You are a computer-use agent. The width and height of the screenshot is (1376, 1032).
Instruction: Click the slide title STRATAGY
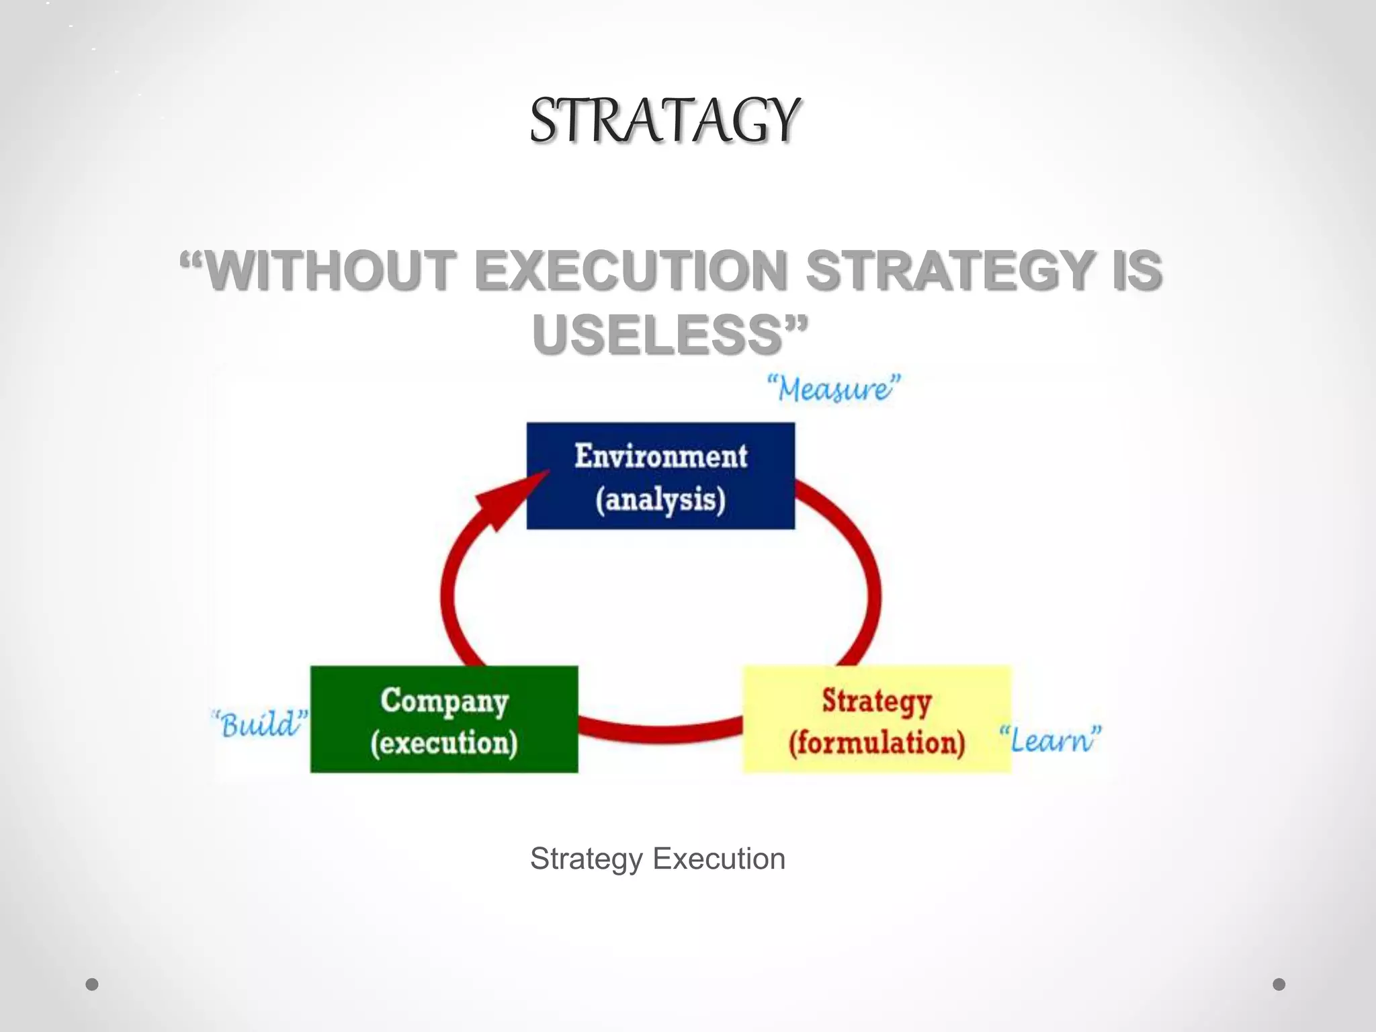pos(664,121)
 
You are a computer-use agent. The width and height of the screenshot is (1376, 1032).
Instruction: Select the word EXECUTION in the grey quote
pos(630,270)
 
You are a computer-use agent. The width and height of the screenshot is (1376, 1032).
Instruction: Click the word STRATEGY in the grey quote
pos(950,270)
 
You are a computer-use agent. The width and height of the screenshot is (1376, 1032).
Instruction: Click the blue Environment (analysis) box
pos(660,476)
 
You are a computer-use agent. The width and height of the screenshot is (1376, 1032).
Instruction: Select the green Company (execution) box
pos(444,719)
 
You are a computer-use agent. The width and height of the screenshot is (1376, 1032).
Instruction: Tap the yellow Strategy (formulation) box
pos(877,719)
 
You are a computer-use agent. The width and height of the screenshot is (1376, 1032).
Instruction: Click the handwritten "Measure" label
pos(834,388)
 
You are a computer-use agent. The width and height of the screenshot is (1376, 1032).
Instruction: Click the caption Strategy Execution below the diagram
pos(658,859)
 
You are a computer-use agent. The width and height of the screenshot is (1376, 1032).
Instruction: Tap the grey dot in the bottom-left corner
pos(92,984)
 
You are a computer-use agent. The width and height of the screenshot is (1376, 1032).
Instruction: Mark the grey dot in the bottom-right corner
pos(1279,984)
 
